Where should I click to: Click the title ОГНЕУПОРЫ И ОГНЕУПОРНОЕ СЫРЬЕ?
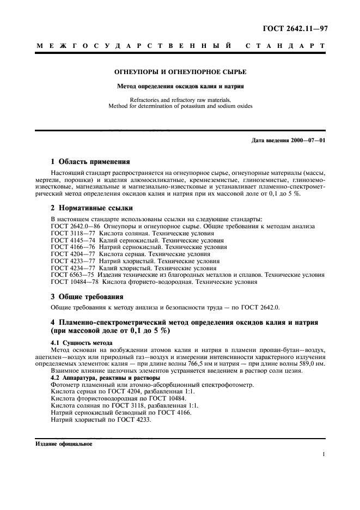pyautogui.click(x=180, y=72)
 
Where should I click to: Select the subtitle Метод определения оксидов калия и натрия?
pyautogui.click(x=180, y=86)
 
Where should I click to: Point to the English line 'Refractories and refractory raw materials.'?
pyautogui.click(x=180, y=100)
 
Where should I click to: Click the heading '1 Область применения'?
pyautogui.click(x=90, y=161)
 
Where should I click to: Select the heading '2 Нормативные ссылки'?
pyautogui.click(x=90, y=208)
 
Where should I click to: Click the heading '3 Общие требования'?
pyautogui.click(x=87, y=296)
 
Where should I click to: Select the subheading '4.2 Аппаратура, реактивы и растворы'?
pyautogui.click(x=105, y=378)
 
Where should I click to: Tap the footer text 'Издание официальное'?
pyautogui.click(x=64, y=444)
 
